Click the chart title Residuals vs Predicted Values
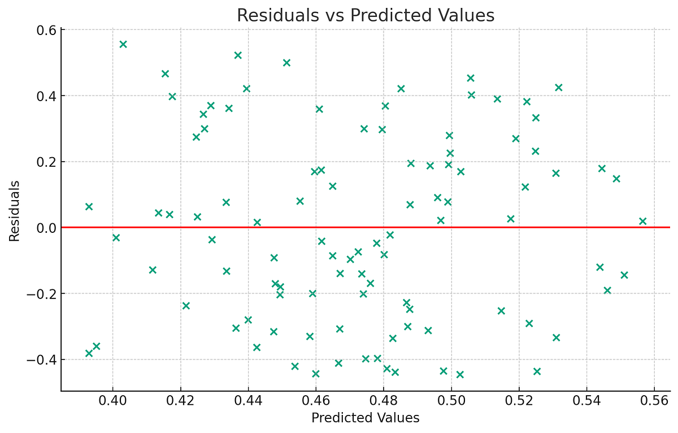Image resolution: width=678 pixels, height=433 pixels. coord(366,15)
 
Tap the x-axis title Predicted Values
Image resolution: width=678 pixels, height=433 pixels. coord(366,418)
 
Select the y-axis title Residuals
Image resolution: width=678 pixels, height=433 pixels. coord(15,211)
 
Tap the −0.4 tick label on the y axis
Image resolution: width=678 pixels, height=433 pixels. coord(43,360)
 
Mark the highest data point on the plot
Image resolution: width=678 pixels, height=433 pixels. coord(123,44)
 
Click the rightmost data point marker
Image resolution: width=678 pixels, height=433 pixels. coord(642,221)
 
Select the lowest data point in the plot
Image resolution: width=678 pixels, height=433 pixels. coord(460,374)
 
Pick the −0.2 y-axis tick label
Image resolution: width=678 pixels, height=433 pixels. coord(43,293)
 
